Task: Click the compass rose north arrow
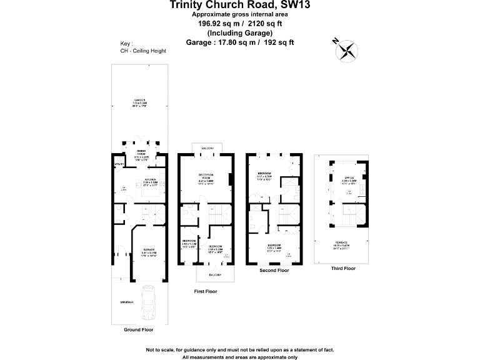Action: [347, 50]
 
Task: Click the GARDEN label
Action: [139, 100]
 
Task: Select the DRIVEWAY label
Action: [127, 302]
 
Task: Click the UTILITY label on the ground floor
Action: [118, 164]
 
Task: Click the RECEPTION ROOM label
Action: [207, 175]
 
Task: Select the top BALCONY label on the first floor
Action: [207, 148]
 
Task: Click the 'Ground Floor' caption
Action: [139, 329]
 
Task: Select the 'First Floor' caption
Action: [207, 292]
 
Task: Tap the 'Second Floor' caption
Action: [274, 271]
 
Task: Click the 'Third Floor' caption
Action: [343, 268]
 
